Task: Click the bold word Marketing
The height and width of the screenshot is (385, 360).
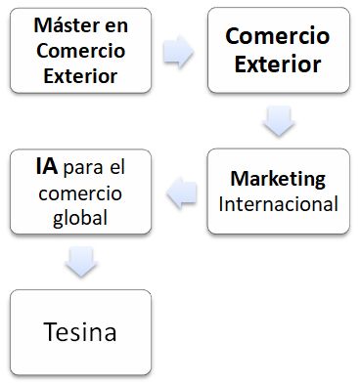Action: click(278, 179)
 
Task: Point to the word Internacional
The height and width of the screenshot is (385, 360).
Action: click(278, 204)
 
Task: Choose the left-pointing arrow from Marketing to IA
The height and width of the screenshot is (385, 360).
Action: click(182, 194)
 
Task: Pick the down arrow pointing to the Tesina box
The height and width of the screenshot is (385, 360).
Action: click(80, 262)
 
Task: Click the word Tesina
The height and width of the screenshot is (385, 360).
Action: click(81, 332)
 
